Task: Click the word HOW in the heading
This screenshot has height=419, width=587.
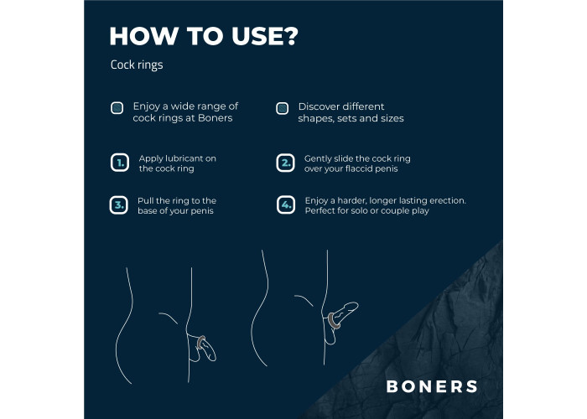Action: pyautogui.click(x=144, y=36)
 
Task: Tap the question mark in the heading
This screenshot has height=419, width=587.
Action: pyautogui.click(x=289, y=36)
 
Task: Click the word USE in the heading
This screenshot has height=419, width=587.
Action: pyautogui.click(x=255, y=36)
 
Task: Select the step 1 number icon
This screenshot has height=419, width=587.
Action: pyautogui.click(x=120, y=163)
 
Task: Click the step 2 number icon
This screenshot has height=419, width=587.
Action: pyautogui.click(x=286, y=163)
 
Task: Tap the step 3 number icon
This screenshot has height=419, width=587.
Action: pyautogui.click(x=119, y=205)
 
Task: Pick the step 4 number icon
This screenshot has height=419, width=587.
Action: pyautogui.click(x=286, y=205)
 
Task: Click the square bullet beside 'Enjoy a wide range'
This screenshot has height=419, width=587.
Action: pyautogui.click(x=117, y=108)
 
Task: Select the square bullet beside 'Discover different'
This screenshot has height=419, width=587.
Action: pyautogui.click(x=283, y=108)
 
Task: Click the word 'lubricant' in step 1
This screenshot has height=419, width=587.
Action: pyautogui.click(x=181, y=158)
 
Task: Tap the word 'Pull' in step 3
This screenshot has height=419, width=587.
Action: pyautogui.click(x=144, y=200)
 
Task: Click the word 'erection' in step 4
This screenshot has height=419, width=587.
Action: pyautogui.click(x=447, y=200)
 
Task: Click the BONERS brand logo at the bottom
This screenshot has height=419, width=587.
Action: pyautogui.click(x=432, y=386)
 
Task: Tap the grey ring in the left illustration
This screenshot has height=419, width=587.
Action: pyautogui.click(x=201, y=342)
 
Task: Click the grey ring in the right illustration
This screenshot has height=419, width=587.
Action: pyautogui.click(x=333, y=321)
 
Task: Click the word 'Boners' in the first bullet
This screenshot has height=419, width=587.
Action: pyautogui.click(x=216, y=118)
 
